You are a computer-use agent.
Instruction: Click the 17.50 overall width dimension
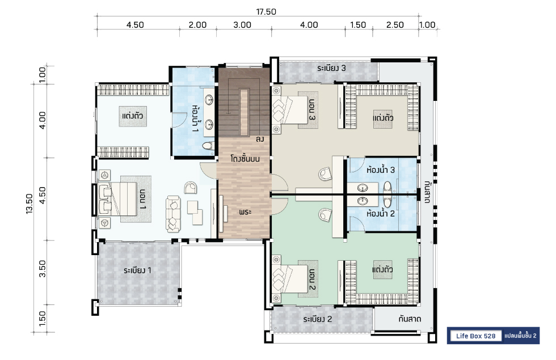pyautogui.click(x=266, y=12)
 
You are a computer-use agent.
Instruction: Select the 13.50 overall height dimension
pyautogui.click(x=29, y=204)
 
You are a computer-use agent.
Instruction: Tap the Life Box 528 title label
pyautogui.click(x=475, y=336)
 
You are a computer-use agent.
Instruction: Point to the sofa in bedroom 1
pyautogui.click(x=173, y=214)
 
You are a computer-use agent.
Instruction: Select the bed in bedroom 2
pyautogui.click(x=290, y=278)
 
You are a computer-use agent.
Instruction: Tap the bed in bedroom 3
pyautogui.click(x=290, y=109)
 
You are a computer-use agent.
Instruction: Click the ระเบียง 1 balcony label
pyautogui.click(x=137, y=270)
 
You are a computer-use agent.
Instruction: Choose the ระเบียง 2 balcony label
pyautogui.click(x=318, y=319)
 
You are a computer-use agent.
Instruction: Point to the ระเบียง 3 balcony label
pyautogui.click(x=331, y=68)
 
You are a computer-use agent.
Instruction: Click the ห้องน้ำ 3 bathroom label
pyautogui.click(x=381, y=170)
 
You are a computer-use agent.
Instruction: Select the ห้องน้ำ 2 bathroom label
pyautogui.click(x=381, y=214)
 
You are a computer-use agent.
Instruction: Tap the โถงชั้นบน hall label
pyautogui.click(x=245, y=158)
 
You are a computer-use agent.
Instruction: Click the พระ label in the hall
pyautogui.click(x=245, y=212)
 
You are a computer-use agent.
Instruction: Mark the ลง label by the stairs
pyautogui.click(x=260, y=139)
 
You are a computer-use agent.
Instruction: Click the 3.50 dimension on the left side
pyautogui.click(x=42, y=269)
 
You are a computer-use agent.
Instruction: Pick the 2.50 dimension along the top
pyautogui.click(x=395, y=25)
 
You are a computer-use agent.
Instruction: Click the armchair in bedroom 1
pyautogui.click(x=191, y=188)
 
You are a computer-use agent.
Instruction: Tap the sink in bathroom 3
pyautogui.click(x=362, y=188)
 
